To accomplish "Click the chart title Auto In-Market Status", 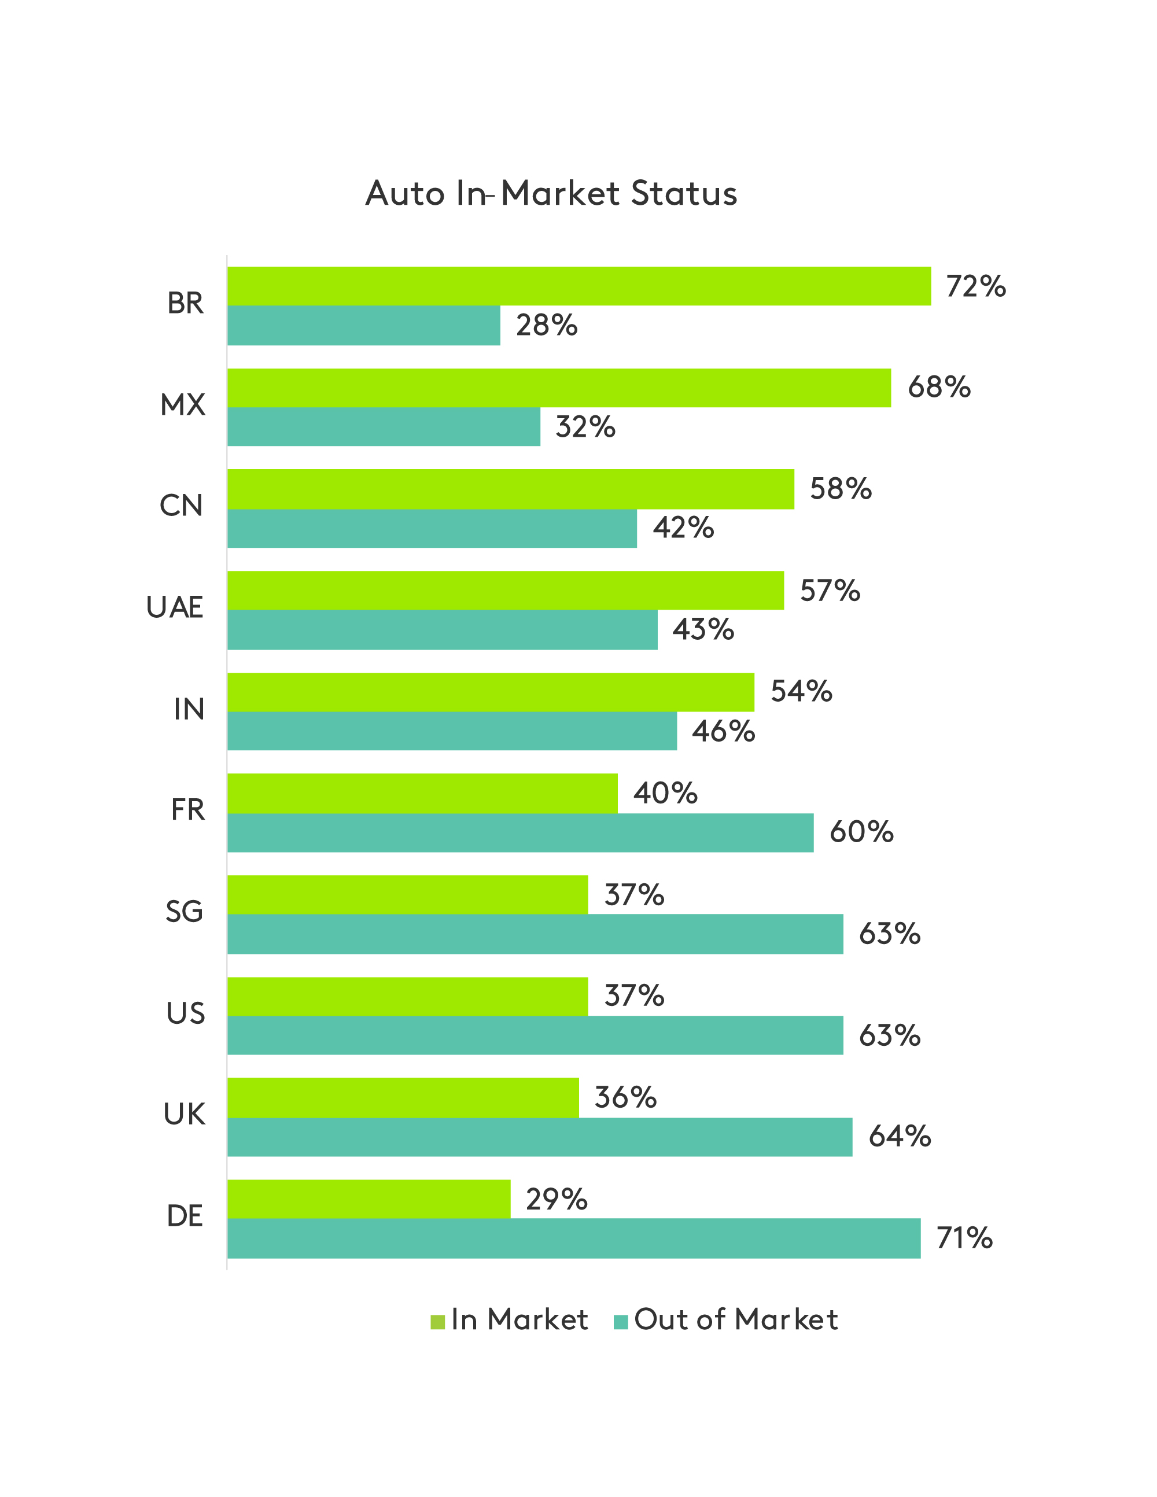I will tap(551, 193).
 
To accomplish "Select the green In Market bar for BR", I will tap(578, 286).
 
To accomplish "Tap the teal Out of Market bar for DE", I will tap(573, 1238).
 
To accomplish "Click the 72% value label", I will tap(975, 286).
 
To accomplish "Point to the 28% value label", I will tap(546, 326).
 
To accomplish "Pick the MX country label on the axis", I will tap(182, 405).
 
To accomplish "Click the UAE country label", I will tap(175, 607).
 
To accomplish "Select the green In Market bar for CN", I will tap(510, 489).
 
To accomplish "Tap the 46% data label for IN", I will tap(723, 731).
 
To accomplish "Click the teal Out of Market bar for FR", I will tap(519, 833).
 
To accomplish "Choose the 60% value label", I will tap(861, 832).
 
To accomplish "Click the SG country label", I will tap(185, 912).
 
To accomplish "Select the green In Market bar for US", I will tap(407, 996).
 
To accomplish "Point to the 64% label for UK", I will tap(900, 1137).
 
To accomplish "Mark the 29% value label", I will tap(556, 1200).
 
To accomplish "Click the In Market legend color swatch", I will tap(437, 1322).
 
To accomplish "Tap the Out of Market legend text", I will tap(735, 1320).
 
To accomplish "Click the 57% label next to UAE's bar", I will tap(830, 591).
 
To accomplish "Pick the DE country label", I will tap(185, 1216).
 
